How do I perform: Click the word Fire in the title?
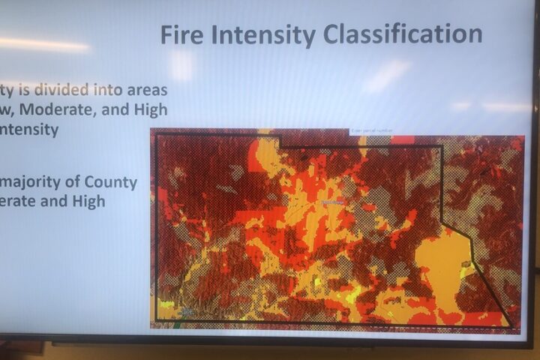tap(184, 34)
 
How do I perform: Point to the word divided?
tap(52, 89)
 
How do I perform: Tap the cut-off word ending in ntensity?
tap(29, 130)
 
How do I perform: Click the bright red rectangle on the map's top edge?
tap(402, 140)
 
